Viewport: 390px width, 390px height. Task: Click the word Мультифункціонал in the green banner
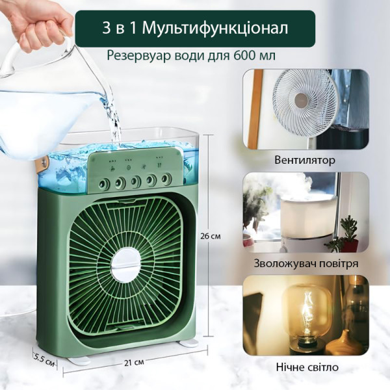pyautogui.click(x=215, y=28)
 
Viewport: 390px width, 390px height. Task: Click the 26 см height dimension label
pyautogui.click(x=211, y=236)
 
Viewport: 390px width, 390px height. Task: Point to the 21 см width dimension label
pyautogui.click(x=134, y=363)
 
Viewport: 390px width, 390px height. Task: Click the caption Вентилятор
pyautogui.click(x=305, y=160)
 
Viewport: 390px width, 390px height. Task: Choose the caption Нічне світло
pyautogui.click(x=307, y=367)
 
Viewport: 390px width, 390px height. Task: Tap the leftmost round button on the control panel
pyautogui.click(x=104, y=185)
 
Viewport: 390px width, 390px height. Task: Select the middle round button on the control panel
pyautogui.click(x=136, y=181)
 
